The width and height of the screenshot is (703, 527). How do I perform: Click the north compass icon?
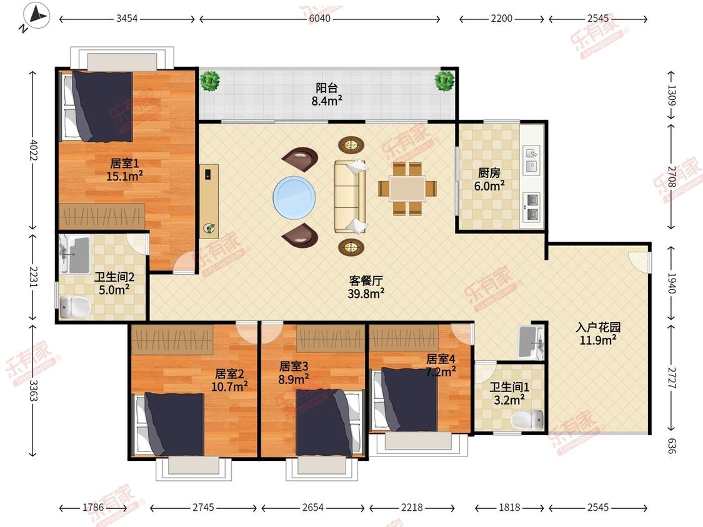36,16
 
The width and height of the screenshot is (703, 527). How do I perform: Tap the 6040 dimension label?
320,19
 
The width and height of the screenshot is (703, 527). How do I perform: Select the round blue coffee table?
294,197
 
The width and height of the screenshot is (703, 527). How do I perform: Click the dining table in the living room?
407,189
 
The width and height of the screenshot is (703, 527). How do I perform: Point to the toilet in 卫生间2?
75,307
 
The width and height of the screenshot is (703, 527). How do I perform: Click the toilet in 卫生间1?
527,420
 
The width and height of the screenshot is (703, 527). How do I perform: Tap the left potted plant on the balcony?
209,81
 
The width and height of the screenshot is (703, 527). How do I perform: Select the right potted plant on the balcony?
444,81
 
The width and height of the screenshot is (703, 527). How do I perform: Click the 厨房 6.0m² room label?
489,179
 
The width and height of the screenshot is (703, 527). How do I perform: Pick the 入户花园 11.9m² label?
598,333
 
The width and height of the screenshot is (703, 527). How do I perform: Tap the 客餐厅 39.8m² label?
366,287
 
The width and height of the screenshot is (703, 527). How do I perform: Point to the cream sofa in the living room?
350,196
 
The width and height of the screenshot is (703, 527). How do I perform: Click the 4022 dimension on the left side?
33,150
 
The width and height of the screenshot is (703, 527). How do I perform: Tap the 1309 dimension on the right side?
671,96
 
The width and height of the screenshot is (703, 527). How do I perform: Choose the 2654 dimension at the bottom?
312,507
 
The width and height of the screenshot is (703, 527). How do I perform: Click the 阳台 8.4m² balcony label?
327,94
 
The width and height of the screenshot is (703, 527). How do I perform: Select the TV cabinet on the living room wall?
209,201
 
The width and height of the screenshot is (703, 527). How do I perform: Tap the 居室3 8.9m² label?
294,373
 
